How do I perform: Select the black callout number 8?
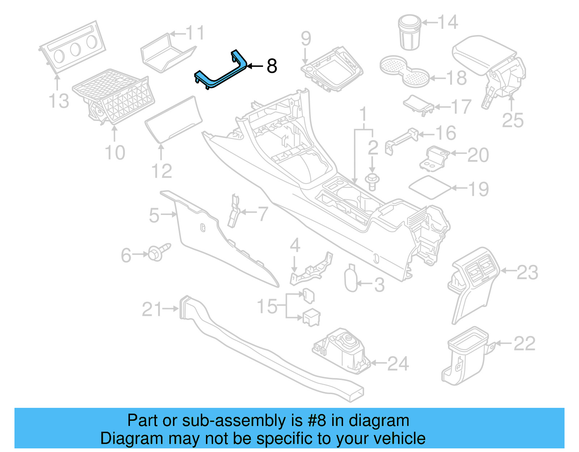272,66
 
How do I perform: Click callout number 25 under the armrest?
512,121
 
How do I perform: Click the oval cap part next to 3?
351,279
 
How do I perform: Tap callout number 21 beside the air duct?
152,309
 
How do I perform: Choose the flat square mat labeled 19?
430,187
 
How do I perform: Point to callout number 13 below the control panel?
59,101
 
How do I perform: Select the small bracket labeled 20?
434,158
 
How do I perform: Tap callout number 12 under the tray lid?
161,171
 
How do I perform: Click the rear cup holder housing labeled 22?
465,356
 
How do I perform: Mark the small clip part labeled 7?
233,212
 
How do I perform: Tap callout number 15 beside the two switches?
267,307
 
